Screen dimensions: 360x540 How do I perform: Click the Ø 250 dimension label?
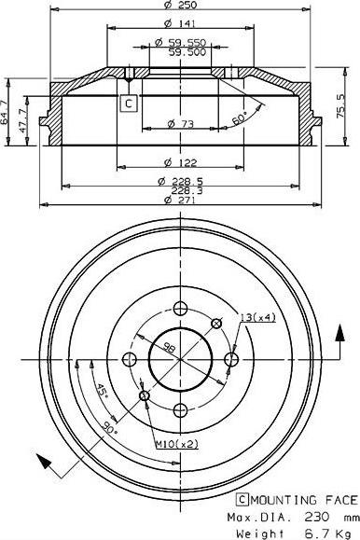[x=181, y=5]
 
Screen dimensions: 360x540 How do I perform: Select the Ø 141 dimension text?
[x=181, y=23]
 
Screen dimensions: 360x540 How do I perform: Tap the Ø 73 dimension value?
[x=181, y=123]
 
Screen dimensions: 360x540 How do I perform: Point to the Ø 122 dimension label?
[x=181, y=162]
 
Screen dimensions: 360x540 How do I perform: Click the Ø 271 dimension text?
[x=181, y=200]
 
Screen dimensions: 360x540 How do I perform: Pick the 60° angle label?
[x=240, y=118]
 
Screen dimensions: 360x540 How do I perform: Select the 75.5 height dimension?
[x=341, y=106]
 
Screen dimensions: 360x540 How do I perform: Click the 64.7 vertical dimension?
[x=4, y=112]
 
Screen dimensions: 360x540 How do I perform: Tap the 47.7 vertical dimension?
[x=22, y=120]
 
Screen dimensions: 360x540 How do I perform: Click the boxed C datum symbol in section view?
[x=129, y=103]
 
